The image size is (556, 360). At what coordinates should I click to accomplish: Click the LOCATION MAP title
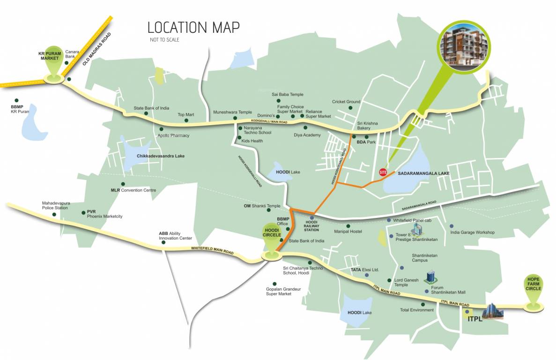coord(193,27)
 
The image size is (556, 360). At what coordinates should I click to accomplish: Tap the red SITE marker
coord(382,172)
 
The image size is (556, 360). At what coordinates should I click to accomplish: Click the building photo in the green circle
coord(467,43)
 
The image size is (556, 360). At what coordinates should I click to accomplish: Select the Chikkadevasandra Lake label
coord(157,156)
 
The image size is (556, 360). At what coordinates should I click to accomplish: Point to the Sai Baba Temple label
coord(288,95)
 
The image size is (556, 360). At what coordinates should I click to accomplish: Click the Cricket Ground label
coord(346,102)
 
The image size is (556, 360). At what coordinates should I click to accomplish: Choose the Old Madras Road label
coord(97,48)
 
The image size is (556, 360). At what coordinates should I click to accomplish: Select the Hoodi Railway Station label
coord(311,226)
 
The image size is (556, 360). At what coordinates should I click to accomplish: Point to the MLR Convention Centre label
coord(133,190)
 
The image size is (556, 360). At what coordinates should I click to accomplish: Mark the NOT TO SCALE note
coord(164,40)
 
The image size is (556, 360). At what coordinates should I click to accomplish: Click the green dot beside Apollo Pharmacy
coord(162,129)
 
